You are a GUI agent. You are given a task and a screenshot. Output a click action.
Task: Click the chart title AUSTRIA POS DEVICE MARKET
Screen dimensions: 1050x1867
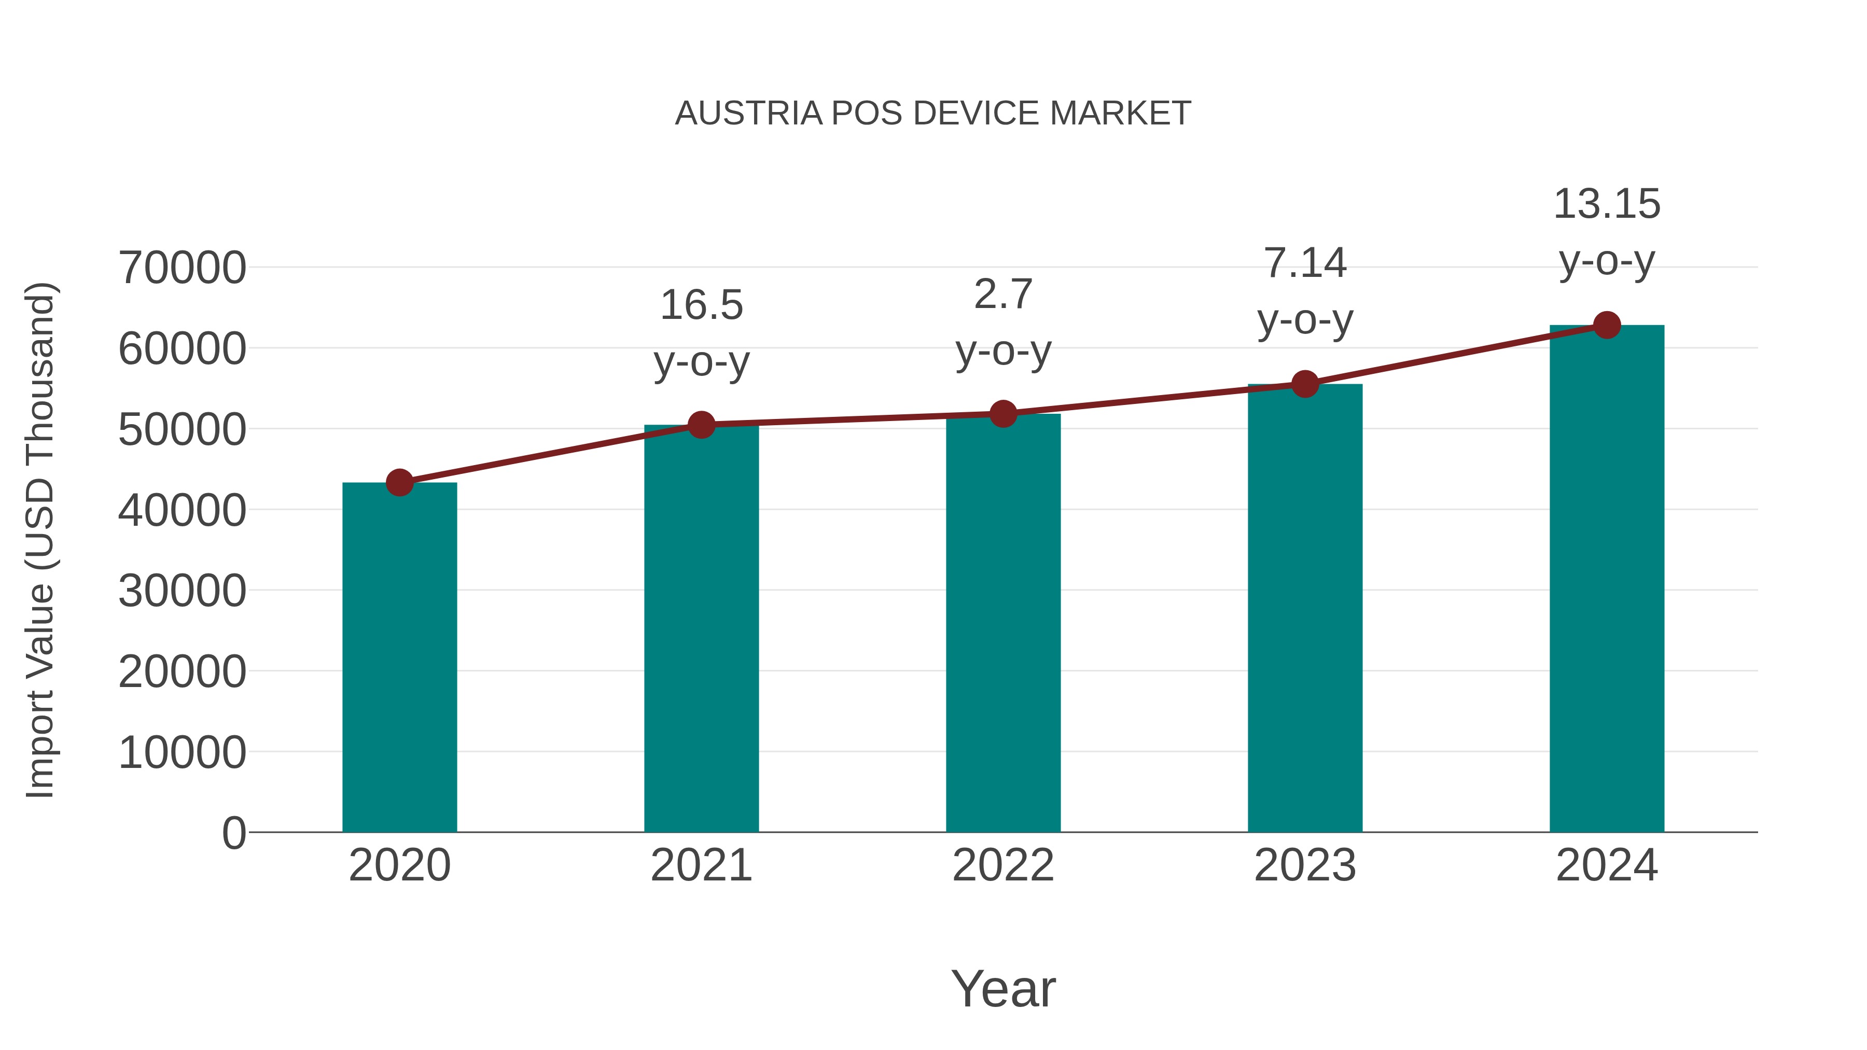coord(933,114)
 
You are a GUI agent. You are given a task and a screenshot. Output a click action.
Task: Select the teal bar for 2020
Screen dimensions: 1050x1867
coord(399,658)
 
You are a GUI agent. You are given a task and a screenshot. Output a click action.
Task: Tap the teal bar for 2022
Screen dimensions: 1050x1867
coord(1003,623)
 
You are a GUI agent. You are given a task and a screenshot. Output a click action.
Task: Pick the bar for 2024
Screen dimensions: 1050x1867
coord(1607,580)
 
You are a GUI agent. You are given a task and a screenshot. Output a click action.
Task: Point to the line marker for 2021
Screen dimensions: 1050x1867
coord(702,425)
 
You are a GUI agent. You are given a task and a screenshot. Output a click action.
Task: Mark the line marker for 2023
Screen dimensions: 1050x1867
coord(1305,384)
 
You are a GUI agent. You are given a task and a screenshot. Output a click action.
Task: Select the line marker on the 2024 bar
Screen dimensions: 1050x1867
coord(1607,325)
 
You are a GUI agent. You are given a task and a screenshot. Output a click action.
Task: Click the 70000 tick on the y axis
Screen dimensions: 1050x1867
coord(182,268)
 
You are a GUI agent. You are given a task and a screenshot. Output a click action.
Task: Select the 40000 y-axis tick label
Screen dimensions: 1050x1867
coord(182,510)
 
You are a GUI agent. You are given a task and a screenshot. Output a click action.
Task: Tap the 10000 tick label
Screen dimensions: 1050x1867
coord(182,752)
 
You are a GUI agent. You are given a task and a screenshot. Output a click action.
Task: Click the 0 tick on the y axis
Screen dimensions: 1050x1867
coord(234,833)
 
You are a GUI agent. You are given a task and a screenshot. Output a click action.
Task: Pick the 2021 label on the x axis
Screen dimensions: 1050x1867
coord(702,865)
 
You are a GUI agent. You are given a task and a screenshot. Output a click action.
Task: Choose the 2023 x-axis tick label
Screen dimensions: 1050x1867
coord(1305,865)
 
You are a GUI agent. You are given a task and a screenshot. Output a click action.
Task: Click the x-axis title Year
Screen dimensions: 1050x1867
coord(1003,988)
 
